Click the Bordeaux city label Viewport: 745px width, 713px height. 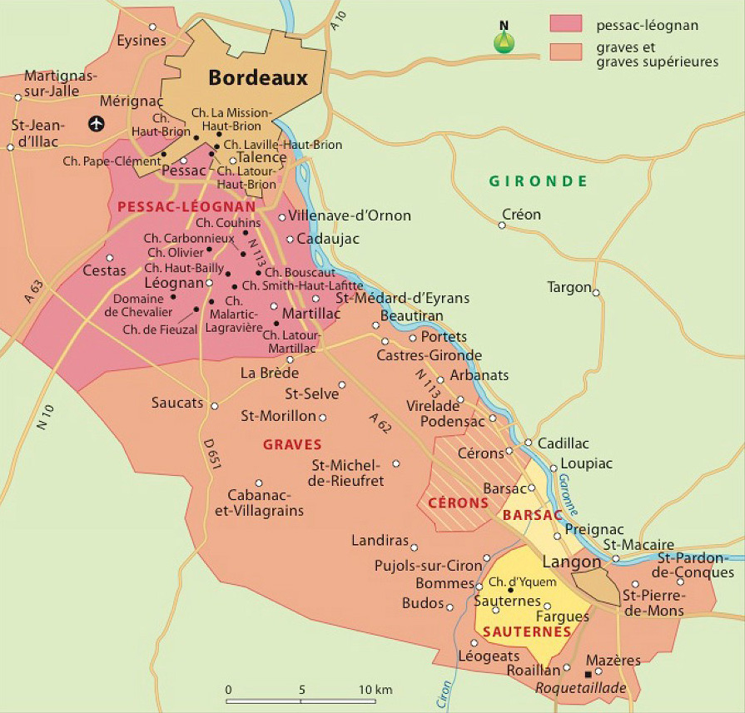coord(258,78)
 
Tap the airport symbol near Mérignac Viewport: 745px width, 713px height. coord(97,124)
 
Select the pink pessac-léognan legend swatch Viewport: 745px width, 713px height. coord(569,25)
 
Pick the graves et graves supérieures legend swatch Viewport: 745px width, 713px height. coord(569,51)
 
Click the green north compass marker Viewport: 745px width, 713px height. coord(504,42)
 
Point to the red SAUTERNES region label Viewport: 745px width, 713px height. coord(527,632)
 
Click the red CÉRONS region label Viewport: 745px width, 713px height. coord(458,503)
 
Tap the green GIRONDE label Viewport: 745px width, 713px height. coord(539,181)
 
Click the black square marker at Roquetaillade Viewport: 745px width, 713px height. coord(589,673)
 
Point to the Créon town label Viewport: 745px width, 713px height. coord(521,215)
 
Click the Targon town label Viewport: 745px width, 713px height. coord(569,287)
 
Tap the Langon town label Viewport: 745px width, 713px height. coord(571,562)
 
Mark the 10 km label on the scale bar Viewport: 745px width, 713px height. coord(375,690)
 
